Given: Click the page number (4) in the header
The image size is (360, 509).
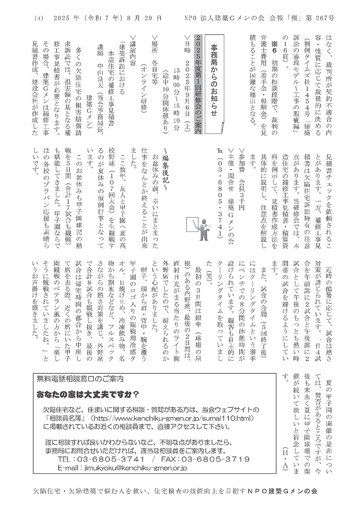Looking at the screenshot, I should click(38, 19).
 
